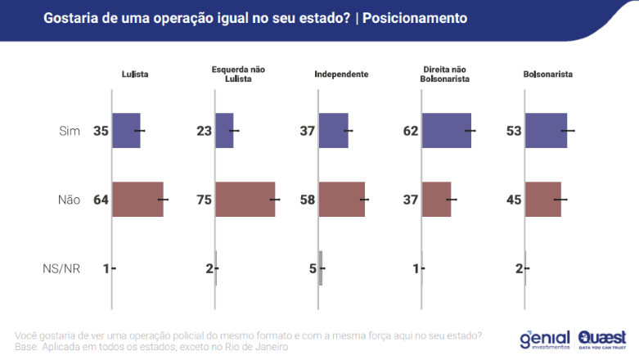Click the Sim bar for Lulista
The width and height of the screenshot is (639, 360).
pos(126,131)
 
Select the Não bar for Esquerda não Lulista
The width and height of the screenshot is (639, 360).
pos(245,199)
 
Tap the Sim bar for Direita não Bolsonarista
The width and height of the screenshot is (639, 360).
pos(446,131)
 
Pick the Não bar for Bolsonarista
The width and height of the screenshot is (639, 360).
pos(542,199)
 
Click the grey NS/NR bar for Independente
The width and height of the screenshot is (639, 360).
pos(321,268)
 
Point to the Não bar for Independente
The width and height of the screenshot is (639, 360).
pos(341,199)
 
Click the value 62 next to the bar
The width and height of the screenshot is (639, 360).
pos(411,131)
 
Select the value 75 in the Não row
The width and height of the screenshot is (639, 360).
pos(204,200)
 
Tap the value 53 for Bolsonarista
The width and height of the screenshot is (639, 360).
pos(514,131)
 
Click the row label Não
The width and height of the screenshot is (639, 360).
pos(69,200)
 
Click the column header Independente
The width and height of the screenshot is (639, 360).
pos(341,74)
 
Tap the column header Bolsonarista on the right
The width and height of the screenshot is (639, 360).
pos(547,74)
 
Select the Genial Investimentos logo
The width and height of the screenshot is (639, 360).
pos(545,339)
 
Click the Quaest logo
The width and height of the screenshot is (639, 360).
pos(603,339)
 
